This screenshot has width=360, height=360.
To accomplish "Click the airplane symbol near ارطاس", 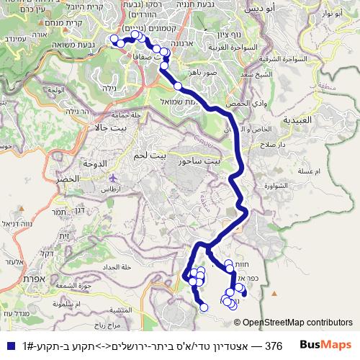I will [x=112, y=177].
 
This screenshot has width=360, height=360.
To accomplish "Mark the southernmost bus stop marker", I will [x=204, y=307].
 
